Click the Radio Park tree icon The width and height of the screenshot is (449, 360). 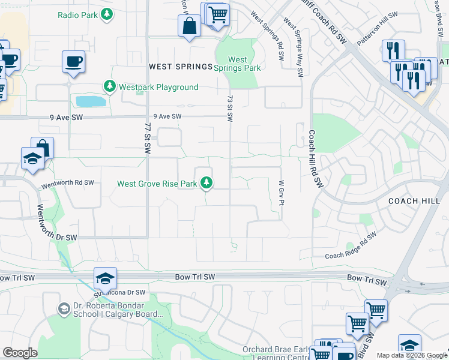[107, 14]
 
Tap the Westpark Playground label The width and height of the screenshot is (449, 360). [158, 87]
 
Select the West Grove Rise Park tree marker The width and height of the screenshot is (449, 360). [207, 182]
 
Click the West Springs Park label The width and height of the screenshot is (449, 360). [238, 64]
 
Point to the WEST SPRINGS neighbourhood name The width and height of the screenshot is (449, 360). [181, 67]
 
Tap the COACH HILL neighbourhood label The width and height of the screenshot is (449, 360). [414, 201]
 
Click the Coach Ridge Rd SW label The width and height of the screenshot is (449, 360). [351, 246]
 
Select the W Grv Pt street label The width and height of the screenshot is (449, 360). [280, 192]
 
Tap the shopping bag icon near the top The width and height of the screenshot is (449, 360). [190, 26]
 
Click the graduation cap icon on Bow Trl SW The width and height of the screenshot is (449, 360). [104, 278]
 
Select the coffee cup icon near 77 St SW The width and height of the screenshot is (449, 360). [73, 61]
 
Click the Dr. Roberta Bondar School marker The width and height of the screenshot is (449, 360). [64, 308]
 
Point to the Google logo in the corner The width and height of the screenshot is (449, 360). [20, 352]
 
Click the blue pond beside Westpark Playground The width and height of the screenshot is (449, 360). [89, 101]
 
